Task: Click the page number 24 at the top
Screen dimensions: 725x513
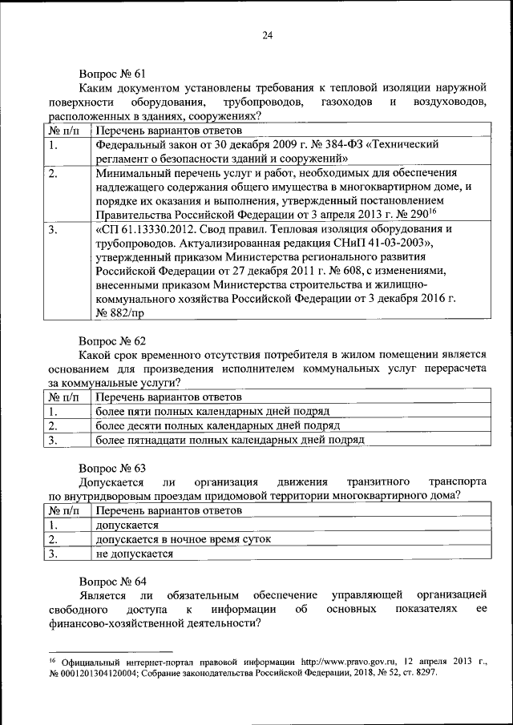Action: click(268, 34)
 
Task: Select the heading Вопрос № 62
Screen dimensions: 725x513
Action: click(111, 340)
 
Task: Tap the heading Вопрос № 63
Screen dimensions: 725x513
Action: click(111, 467)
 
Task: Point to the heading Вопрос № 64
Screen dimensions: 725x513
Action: click(111, 580)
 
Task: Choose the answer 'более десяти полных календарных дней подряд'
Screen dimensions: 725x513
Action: click(217, 425)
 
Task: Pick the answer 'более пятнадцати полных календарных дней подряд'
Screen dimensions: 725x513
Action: click(229, 440)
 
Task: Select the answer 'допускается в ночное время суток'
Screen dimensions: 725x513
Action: click(183, 539)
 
